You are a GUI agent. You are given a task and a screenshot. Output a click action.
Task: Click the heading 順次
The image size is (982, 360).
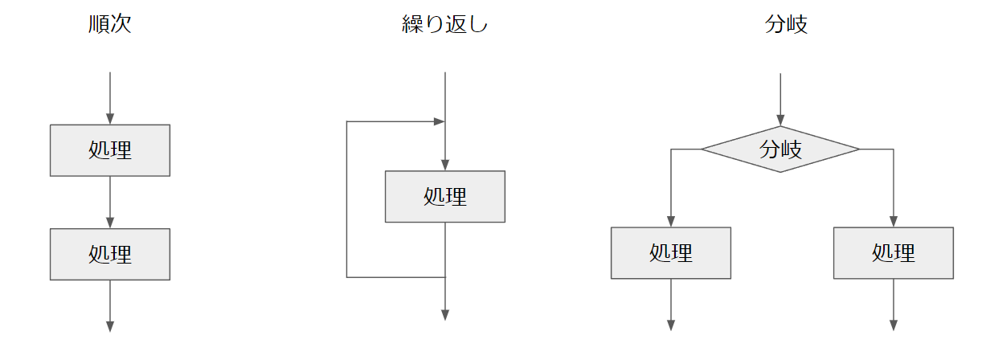point(110,25)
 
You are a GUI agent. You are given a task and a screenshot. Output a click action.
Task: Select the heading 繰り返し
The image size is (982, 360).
point(444,25)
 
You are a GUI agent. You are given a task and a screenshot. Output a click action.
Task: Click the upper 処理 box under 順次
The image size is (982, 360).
point(110,150)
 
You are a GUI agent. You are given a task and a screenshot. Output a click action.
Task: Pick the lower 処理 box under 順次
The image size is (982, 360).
point(110,254)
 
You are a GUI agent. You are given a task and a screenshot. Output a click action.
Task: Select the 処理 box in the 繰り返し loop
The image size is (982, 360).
point(445,196)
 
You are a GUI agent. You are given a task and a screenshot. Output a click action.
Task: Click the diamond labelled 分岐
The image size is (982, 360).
point(780,149)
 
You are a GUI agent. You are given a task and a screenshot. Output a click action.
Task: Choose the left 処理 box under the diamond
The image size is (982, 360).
point(671,253)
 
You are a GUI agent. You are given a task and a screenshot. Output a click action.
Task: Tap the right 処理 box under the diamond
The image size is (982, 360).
point(894,253)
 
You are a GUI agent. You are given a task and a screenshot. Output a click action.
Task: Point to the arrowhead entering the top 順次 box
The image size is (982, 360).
point(110,119)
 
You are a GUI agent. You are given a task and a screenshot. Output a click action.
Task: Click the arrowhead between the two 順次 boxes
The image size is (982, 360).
point(110,223)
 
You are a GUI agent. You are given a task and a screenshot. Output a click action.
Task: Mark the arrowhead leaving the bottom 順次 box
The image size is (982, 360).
point(110,325)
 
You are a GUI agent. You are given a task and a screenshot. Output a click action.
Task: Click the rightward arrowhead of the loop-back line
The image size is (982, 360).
point(439,122)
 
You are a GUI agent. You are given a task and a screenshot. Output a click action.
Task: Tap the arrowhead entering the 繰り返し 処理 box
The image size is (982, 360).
point(445,165)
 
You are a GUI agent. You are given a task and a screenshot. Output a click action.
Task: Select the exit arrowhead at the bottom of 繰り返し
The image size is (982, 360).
point(445,315)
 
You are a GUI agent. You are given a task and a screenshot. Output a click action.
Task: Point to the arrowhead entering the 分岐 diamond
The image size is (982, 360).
point(780,121)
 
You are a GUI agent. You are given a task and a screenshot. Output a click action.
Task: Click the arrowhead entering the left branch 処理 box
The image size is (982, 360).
point(671,222)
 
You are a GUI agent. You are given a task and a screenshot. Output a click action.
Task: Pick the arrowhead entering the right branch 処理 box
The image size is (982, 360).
point(894,222)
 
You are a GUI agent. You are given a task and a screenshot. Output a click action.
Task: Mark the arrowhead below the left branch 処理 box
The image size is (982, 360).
point(671,325)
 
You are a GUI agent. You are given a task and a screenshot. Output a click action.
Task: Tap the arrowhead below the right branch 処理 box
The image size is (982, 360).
point(894,325)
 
